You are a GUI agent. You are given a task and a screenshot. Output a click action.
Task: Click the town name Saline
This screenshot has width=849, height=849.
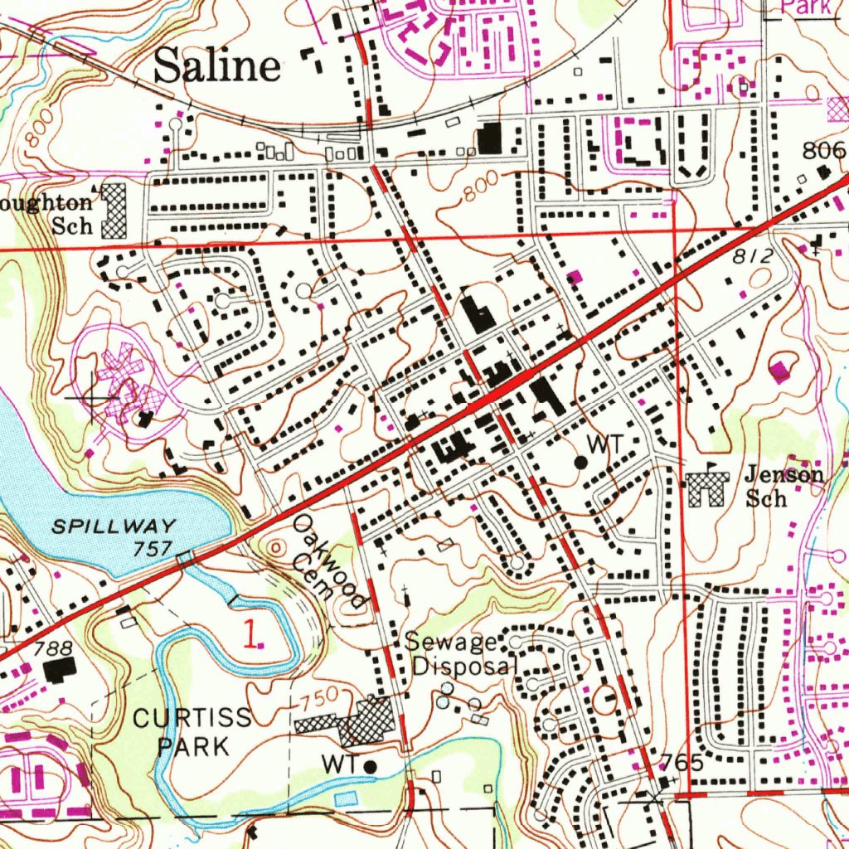click(x=217, y=65)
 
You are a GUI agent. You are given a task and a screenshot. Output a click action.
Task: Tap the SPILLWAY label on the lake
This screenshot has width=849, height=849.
click(x=114, y=526)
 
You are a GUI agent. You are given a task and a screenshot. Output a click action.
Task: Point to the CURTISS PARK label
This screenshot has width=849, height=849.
click(x=193, y=731)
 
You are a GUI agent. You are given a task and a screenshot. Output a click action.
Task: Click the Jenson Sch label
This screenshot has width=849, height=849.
click(x=783, y=486)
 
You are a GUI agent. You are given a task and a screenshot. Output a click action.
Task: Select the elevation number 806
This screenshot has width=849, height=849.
click(x=823, y=150)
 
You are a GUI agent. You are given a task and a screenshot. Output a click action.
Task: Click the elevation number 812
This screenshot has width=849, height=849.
click(x=752, y=258)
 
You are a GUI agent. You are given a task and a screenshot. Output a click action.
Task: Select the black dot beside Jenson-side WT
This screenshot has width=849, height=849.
click(x=580, y=460)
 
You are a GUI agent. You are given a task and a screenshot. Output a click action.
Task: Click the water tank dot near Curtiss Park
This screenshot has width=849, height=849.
click(x=370, y=766)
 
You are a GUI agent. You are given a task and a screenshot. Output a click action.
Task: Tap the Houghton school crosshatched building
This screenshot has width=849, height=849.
click(x=114, y=211)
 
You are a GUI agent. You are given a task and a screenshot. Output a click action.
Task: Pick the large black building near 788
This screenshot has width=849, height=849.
click(x=60, y=668)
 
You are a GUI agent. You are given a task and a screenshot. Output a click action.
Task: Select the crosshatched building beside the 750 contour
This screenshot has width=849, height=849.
click(x=368, y=719)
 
